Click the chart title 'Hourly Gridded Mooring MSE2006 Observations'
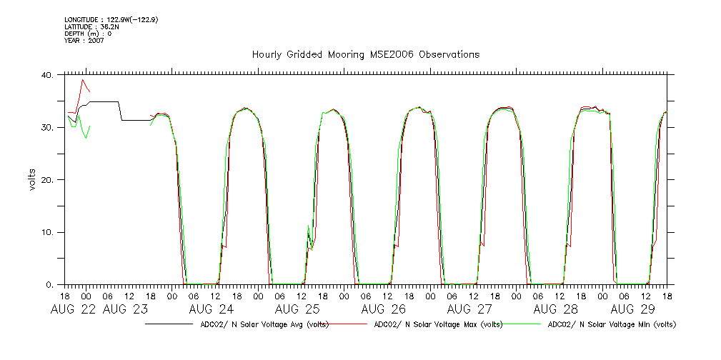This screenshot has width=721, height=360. pyautogui.click(x=365, y=54)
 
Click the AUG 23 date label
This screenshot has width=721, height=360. pyautogui.click(x=125, y=309)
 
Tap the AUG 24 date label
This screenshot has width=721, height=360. pyautogui.click(x=212, y=309)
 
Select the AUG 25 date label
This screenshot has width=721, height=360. pyautogui.click(x=297, y=309)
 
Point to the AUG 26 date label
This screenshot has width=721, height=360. pyautogui.click(x=384, y=309)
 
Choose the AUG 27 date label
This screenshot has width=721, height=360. pyautogui.click(x=469, y=309)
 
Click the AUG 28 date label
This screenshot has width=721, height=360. pyautogui.click(x=555, y=309)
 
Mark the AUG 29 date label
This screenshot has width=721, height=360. pyautogui.click(x=635, y=309)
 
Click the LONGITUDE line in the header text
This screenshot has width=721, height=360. pyautogui.click(x=111, y=20)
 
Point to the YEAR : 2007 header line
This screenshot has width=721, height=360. pyautogui.click(x=84, y=41)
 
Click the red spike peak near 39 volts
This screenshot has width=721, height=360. pyautogui.click(x=83, y=80)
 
